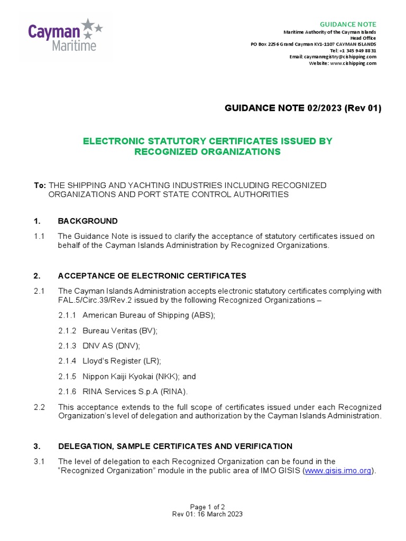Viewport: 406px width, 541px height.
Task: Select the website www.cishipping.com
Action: point(353,63)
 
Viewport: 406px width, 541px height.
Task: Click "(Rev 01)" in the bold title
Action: point(363,108)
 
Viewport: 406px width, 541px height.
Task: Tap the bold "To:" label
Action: point(40,185)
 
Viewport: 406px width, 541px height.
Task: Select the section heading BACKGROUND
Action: point(88,221)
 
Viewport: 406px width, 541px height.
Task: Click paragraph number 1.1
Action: point(39,236)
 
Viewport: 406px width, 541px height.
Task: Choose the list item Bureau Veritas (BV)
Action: point(120,331)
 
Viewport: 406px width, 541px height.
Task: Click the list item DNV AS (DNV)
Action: point(111,346)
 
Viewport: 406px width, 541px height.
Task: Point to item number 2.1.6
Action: point(68,392)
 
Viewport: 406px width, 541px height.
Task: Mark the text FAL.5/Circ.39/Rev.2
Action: point(95,300)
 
